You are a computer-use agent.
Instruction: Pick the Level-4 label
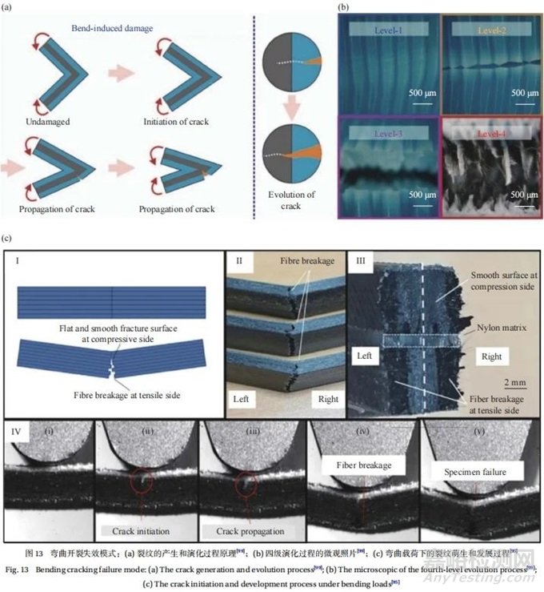pyautogui.click(x=482, y=131)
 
